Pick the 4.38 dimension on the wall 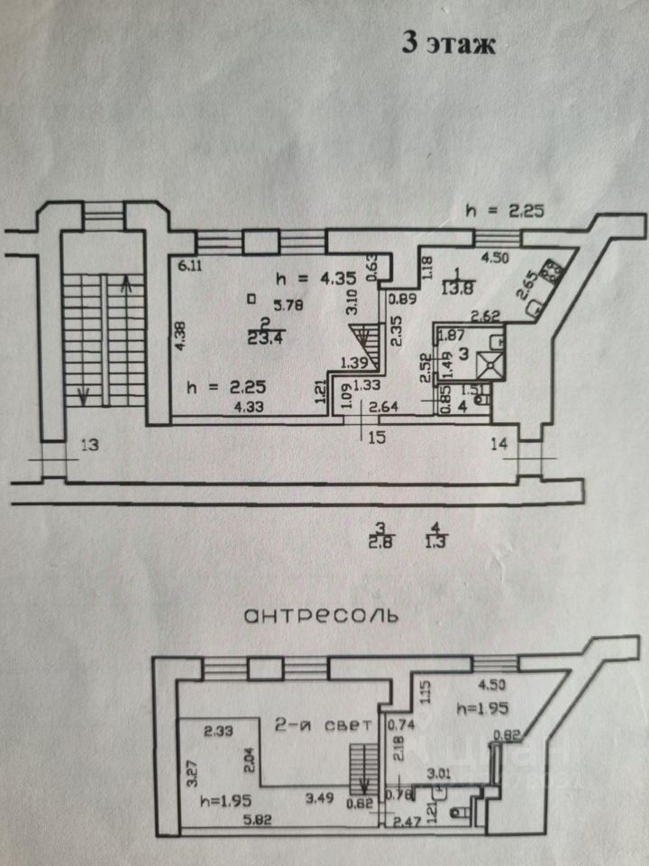pos(180,336)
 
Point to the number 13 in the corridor pos(88,444)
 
